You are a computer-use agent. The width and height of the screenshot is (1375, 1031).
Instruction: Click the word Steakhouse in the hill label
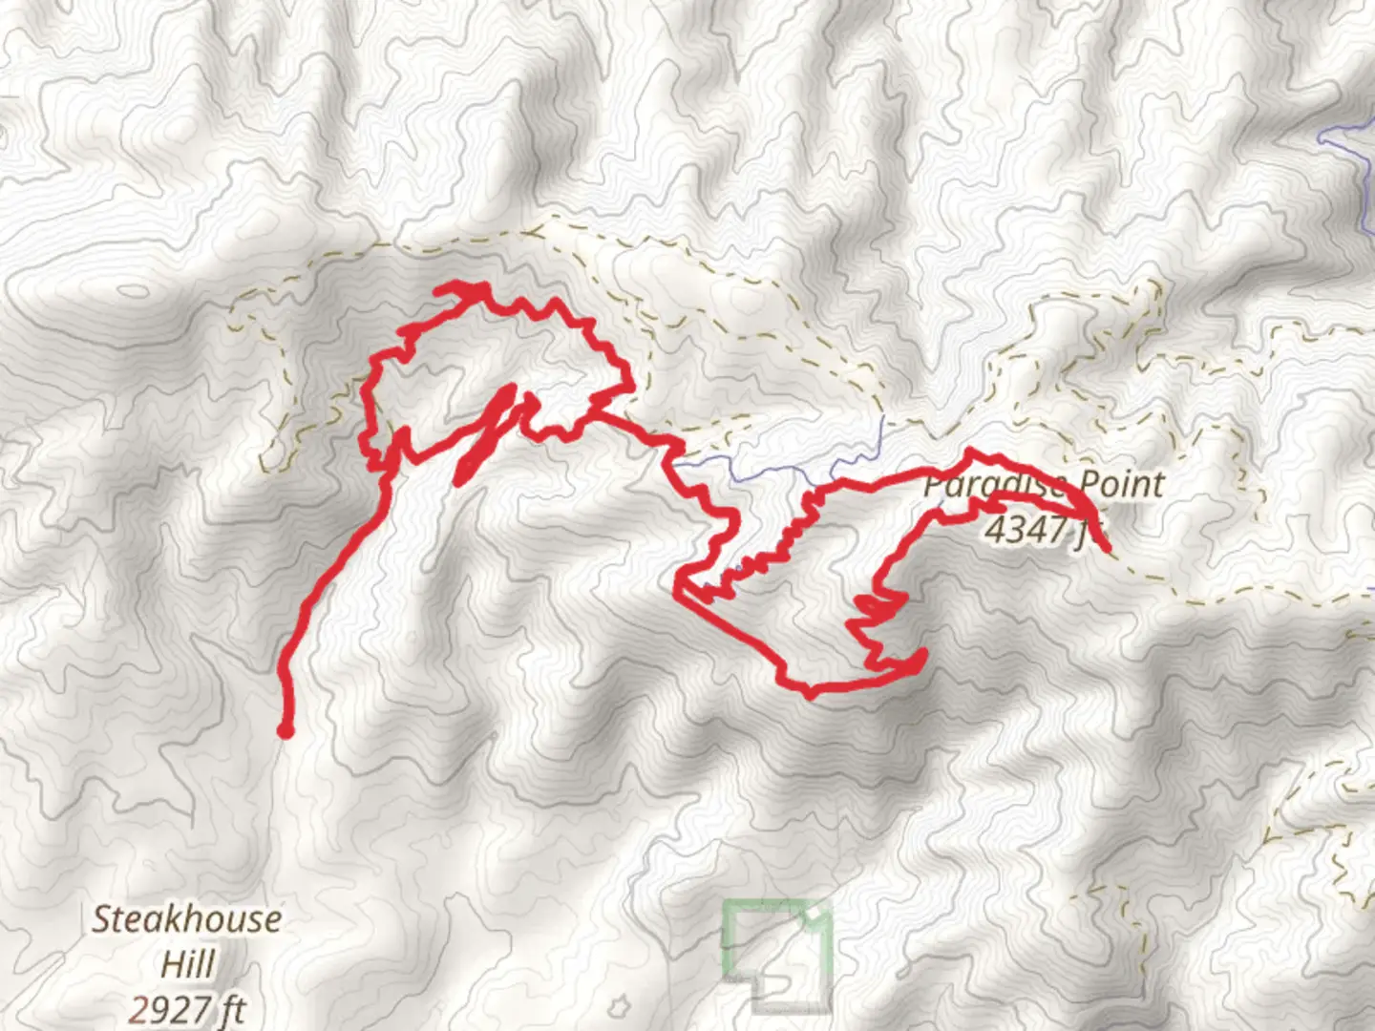187,919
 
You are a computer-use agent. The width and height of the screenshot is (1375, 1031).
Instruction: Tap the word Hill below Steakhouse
187,964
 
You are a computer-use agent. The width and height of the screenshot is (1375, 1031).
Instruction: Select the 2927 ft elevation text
187,1008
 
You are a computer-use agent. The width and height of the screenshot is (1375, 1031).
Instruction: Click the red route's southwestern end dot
285,731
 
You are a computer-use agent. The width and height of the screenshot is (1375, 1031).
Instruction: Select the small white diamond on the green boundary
811,915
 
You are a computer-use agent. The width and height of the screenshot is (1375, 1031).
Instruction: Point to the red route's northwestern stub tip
439,288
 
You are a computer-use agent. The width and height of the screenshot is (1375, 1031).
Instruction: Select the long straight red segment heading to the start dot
334,573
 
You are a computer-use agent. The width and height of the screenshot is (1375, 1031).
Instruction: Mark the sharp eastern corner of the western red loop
630,386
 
